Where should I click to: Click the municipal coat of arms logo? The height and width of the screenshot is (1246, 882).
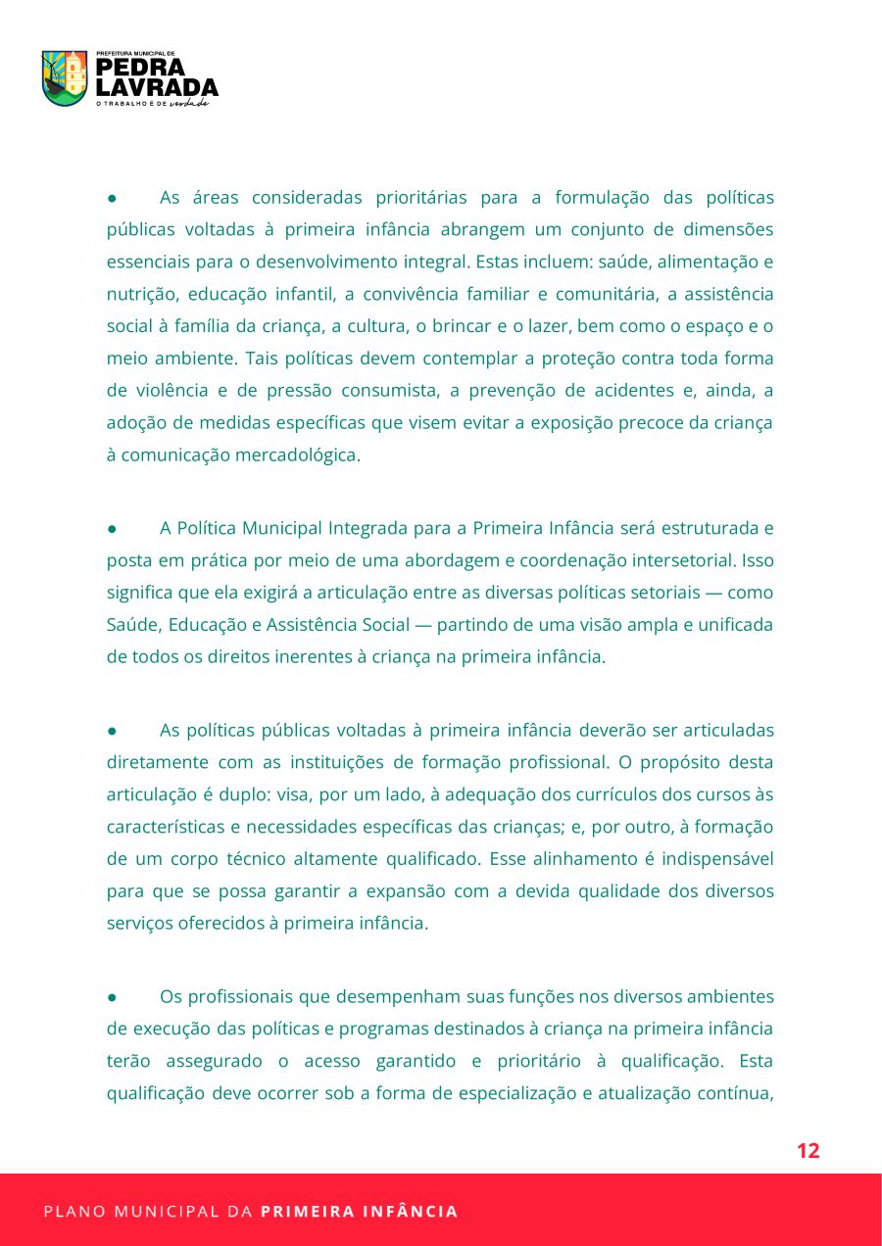(65, 78)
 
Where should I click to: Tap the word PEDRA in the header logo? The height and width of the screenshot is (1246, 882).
(140, 68)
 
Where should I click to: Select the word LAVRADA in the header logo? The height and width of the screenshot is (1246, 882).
(157, 88)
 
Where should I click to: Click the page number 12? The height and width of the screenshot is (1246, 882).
(808, 1151)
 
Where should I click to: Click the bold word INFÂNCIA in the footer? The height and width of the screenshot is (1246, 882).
(412, 1212)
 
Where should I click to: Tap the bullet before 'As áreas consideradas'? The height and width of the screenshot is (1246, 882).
(113, 198)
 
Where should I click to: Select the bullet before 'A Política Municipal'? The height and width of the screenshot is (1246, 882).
(113, 529)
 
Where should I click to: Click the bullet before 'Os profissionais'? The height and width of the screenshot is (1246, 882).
(113, 997)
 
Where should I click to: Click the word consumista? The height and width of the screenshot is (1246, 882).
(387, 391)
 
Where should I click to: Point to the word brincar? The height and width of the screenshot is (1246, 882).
(455, 326)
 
